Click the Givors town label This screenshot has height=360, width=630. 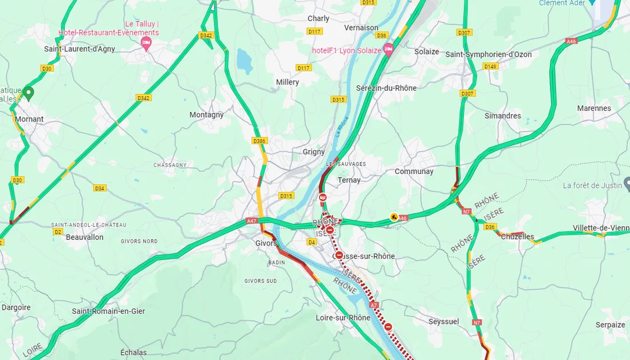[x=266, y=243]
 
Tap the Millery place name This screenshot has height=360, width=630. [x=288, y=82]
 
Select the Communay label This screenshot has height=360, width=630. [x=414, y=172]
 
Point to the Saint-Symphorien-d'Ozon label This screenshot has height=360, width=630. [x=489, y=55]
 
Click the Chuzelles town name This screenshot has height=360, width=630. [x=517, y=237]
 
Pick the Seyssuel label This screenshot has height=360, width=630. [x=444, y=322]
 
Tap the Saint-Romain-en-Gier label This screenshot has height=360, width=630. [x=108, y=311]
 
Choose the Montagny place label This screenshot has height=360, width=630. [x=206, y=115]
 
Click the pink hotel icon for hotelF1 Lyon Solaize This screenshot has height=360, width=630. [x=388, y=49]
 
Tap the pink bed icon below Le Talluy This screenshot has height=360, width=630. [x=146, y=43]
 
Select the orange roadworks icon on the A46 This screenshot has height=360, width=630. [x=394, y=217]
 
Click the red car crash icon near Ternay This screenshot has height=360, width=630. [x=323, y=198]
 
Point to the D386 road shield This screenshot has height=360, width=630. [x=259, y=141]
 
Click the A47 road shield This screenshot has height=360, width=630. [x=251, y=221]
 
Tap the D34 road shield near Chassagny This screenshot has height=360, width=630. [x=100, y=188]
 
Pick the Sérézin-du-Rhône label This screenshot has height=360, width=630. [x=386, y=88]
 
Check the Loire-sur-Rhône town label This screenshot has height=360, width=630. [x=343, y=318]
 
